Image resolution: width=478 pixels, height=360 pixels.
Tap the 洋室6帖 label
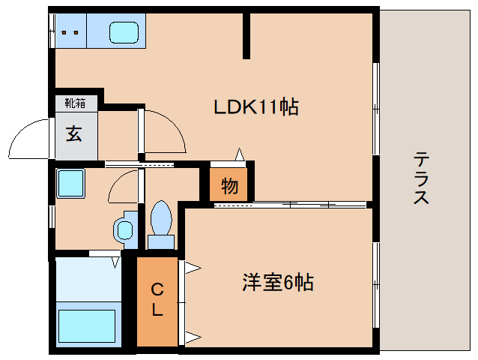click(x=276, y=283)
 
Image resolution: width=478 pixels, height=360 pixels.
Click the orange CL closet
click(x=157, y=300)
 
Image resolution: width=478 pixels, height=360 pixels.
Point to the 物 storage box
click(x=229, y=185)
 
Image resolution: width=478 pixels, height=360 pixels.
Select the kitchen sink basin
click(x=124, y=32)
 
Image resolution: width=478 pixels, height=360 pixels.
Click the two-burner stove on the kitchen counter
click(x=70, y=32)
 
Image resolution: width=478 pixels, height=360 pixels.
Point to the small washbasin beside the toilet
click(x=123, y=228)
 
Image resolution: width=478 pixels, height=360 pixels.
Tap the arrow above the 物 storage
click(x=240, y=154)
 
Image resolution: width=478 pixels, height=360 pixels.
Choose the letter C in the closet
click(x=157, y=289)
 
